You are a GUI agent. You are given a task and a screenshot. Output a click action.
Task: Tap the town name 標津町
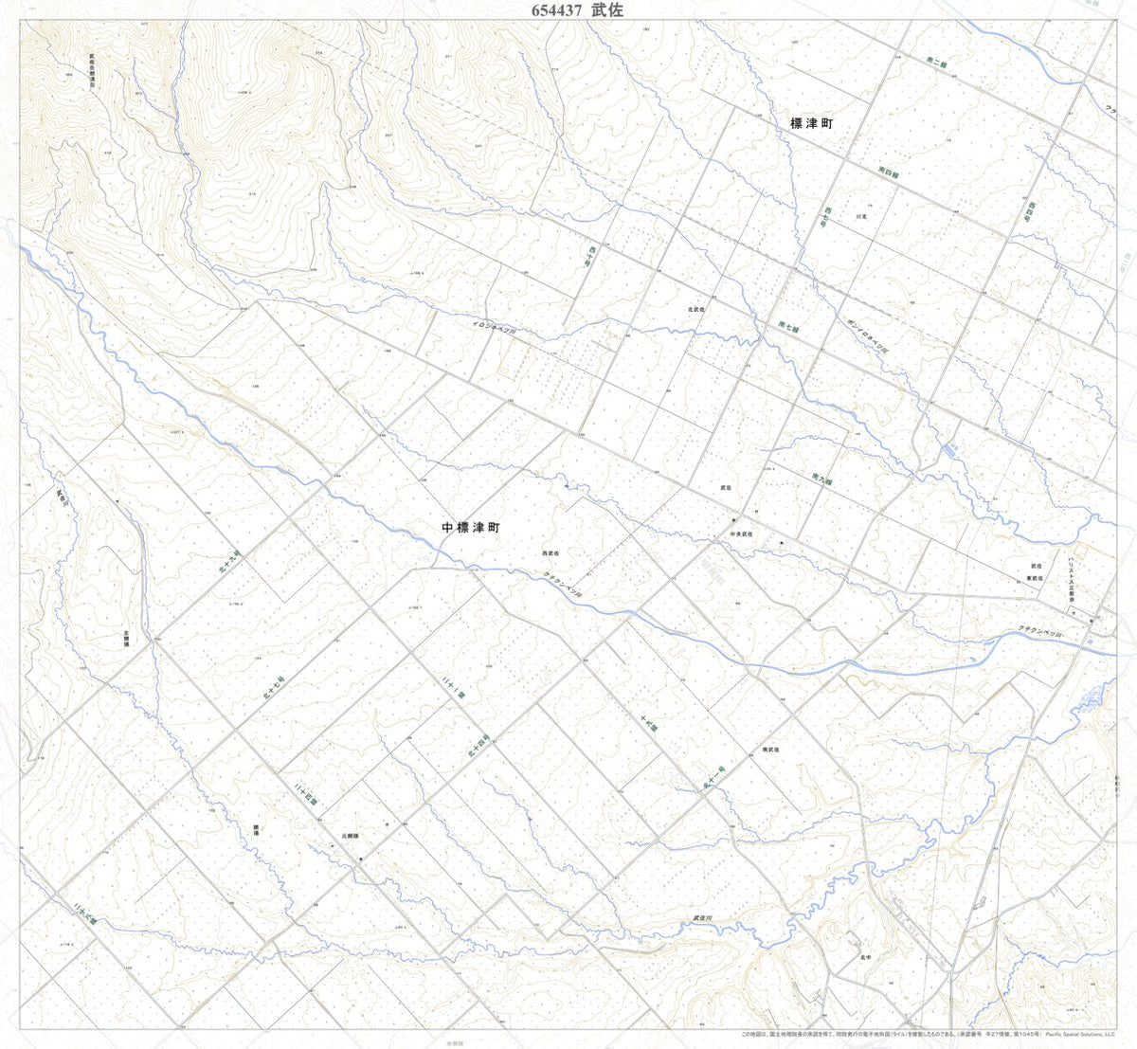811,124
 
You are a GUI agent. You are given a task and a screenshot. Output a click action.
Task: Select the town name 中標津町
470,528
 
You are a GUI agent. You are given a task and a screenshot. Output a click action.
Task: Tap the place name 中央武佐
740,534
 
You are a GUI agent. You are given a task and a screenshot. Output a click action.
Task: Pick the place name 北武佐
697,309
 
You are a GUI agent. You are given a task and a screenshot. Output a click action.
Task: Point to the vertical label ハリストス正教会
1071,580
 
